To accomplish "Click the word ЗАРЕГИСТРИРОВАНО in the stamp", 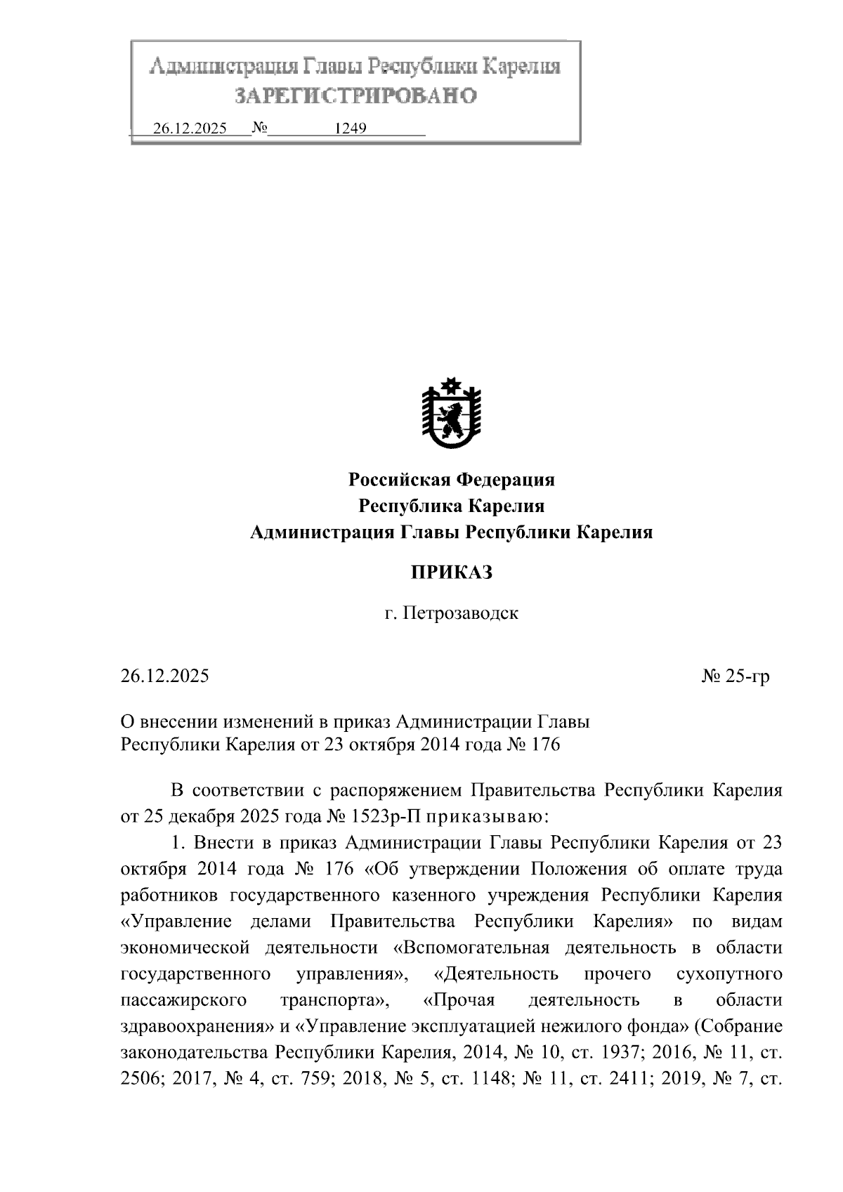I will (x=355, y=96).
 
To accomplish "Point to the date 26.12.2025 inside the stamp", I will (x=190, y=129).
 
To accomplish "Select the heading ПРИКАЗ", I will (x=452, y=572).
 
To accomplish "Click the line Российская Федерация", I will (x=452, y=480).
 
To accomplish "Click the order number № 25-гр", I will (x=736, y=676).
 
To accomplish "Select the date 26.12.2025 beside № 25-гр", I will (x=165, y=676).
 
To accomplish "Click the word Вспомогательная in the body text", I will (x=472, y=948).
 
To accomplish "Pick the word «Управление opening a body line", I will (x=182, y=922).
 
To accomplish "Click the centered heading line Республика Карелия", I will (x=452, y=506).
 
